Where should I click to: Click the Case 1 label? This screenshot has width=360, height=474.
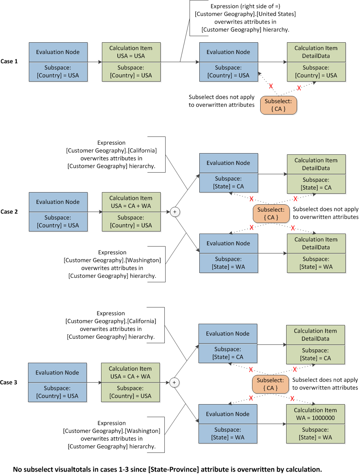pos(9,61)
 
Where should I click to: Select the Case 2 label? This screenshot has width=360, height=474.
pos(9,212)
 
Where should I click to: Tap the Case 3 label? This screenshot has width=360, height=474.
pos(9,382)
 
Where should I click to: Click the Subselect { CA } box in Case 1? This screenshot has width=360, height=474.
pos(278,105)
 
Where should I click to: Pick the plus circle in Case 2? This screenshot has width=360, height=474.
pos(175,212)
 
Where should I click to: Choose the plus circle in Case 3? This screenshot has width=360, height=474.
pos(174,382)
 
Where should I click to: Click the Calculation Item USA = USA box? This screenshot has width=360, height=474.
pos(131,62)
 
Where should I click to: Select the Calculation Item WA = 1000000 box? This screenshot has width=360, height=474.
pos(315,424)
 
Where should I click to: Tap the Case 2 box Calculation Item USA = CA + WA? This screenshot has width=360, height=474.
pos(131,212)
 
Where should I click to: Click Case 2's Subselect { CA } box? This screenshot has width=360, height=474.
pos(271,213)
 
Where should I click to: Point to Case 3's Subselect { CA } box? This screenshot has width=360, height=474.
pos(270,384)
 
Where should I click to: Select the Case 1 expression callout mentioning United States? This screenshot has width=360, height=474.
pos(245,18)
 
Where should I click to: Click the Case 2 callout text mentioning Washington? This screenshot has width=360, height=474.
pos(112,264)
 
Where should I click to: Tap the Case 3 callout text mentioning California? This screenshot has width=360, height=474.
pos(111,325)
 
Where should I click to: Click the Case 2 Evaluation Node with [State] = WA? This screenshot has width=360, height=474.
pos(229,253)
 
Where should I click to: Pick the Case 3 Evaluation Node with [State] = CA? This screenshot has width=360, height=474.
pos(228,343)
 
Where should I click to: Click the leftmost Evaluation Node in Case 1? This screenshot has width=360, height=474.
pos(58,62)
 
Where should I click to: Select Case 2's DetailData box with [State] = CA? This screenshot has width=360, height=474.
pos(316,174)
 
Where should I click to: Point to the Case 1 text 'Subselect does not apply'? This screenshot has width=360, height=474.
pos(221,97)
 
